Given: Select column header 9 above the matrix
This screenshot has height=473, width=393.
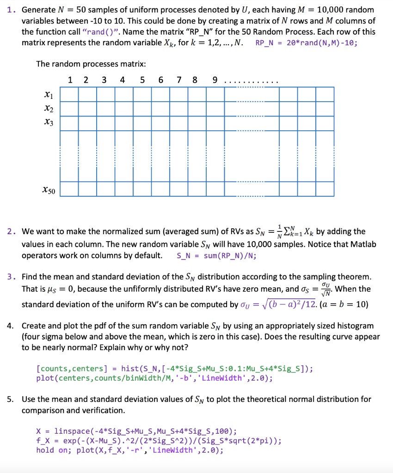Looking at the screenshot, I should point(215,79).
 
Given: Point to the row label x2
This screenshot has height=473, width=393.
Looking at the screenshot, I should point(47,109).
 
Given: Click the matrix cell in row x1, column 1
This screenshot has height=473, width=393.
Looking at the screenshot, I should point(69,94).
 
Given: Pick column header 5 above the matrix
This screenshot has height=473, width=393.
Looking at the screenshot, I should point(141,79).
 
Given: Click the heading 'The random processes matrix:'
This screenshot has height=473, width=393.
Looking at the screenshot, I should point(91,64).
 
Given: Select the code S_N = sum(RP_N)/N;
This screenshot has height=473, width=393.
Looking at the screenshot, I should point(217,255).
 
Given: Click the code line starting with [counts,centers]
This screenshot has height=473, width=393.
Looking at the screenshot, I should point(174,369).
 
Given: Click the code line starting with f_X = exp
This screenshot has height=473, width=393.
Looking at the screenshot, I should point(159,441).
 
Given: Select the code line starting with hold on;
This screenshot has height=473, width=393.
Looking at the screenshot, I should point(129,450).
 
